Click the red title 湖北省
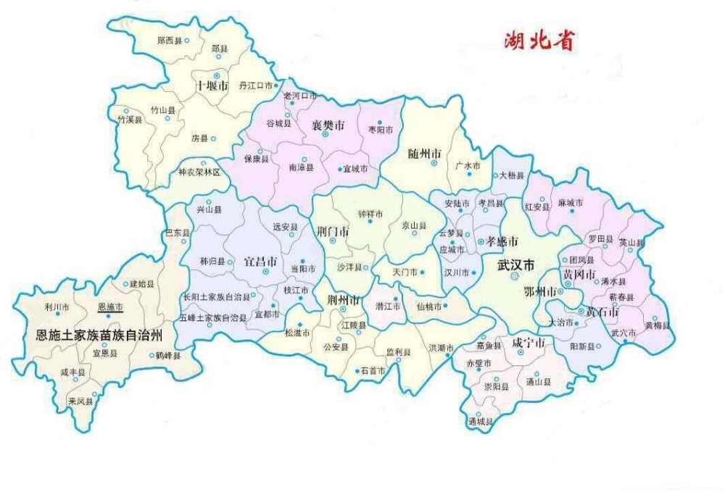pos(539,40)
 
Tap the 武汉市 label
pos(516,266)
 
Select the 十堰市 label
pos(212,86)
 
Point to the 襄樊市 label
pos(328,125)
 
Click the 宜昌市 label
pos(260,260)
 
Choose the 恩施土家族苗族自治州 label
pos(99,335)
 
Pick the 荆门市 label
pos(333,232)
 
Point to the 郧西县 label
pos(169,41)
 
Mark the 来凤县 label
pos(80,401)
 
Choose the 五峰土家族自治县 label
pos(215,317)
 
